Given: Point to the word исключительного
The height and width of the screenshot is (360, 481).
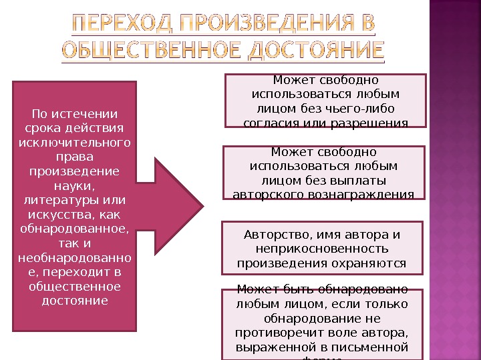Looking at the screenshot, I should pos(75,142).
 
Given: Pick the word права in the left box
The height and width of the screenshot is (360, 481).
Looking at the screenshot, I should pos(75,157).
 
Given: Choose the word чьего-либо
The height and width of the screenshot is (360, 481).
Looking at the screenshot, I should pos(363,109).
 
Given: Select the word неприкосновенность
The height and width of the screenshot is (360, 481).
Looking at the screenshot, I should pos(325,249).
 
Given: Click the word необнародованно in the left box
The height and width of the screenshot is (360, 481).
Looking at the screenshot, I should pos(75,259).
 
